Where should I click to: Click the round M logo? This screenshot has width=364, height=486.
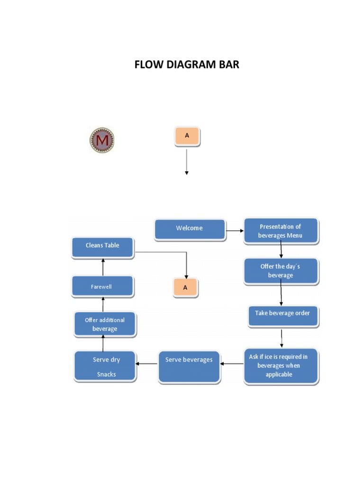tap(102, 140)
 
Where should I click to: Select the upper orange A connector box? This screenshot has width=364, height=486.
tap(187, 136)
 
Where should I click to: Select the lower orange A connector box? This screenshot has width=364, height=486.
tap(186, 288)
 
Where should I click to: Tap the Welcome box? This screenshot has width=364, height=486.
tap(190, 229)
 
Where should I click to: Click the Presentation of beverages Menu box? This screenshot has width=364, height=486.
tap(281, 231)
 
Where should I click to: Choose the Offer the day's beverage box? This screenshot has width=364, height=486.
tap(281, 271)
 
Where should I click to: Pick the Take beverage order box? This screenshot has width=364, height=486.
tap(283, 316)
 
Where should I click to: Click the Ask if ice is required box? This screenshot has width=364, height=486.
tap(282, 366)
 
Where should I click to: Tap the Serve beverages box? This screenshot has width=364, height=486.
tap(189, 366)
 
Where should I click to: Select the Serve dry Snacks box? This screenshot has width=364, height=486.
tap(106, 366)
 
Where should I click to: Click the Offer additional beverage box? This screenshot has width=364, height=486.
tap(105, 324)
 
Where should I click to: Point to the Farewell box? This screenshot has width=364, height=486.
tap(102, 287)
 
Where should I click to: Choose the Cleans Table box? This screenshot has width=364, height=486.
tap(102, 248)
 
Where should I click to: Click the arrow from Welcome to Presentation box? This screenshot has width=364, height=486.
tap(235, 231)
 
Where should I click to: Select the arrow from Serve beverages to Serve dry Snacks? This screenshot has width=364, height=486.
tap(147, 364)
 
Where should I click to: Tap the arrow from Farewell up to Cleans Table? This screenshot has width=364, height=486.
tap(102, 268)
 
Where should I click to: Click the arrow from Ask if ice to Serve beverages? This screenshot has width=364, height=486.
tap(232, 364)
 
